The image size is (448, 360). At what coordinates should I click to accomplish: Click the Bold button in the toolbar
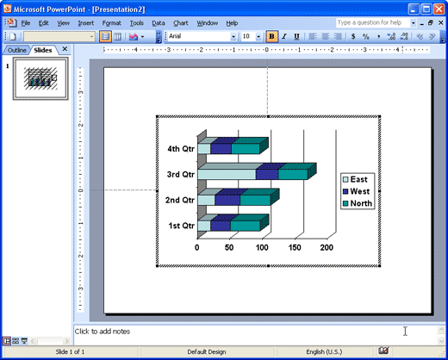[271, 36]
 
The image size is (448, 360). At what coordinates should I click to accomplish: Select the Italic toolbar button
[284, 36]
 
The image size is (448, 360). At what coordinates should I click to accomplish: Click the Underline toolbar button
[296, 36]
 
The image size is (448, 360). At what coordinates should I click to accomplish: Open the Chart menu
[181, 23]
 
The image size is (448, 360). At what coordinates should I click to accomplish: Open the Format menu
[111, 23]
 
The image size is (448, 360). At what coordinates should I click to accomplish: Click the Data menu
[159, 23]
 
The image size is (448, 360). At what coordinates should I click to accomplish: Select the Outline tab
[16, 50]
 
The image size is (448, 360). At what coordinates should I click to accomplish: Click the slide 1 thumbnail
[40, 78]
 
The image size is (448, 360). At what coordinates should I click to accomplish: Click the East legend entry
[355, 179]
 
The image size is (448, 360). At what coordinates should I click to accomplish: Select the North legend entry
[358, 203]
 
